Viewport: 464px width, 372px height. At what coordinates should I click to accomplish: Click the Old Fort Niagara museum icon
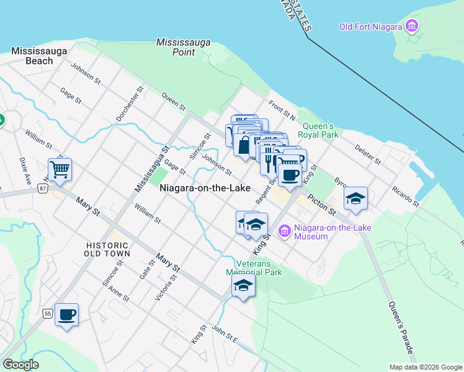tap(411, 26)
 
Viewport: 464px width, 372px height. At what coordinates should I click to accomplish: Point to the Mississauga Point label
tap(183, 47)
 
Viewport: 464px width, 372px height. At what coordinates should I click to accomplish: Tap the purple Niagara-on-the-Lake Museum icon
tap(285, 232)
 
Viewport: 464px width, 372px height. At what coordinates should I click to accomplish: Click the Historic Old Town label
tap(108, 249)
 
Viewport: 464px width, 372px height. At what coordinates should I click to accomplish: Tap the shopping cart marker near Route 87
tap(60, 169)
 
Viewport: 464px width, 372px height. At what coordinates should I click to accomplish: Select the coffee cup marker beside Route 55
tap(66, 314)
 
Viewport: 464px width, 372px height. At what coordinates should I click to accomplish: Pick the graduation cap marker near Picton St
tap(355, 198)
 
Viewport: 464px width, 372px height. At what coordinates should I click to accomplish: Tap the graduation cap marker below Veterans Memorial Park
tap(243, 286)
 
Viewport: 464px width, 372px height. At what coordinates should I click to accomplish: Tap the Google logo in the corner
tap(20, 365)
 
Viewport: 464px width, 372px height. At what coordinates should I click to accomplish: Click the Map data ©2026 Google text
tap(425, 367)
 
